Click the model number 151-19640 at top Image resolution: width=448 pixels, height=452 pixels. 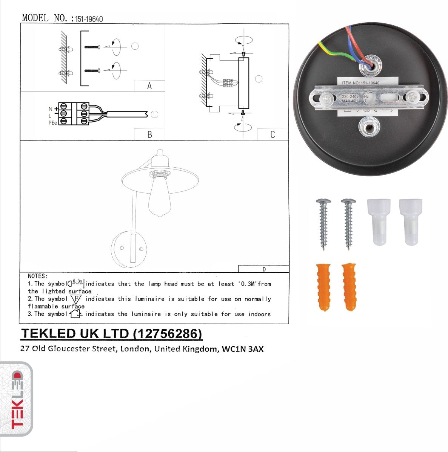[x=89, y=19]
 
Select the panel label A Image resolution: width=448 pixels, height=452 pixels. [x=149, y=86]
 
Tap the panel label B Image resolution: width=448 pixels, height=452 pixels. [x=149, y=135]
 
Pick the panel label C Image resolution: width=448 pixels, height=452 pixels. [x=272, y=135]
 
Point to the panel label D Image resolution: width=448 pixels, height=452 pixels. [x=264, y=269]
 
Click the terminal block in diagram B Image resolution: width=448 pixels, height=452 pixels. [x=74, y=113]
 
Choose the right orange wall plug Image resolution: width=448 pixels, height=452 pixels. [x=349, y=286]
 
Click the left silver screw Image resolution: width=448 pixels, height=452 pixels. [x=323, y=223]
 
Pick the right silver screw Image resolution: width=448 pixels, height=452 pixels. [x=348, y=223]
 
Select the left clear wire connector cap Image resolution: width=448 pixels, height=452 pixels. [x=379, y=222]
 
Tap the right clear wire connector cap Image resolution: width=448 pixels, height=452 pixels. [x=410, y=222]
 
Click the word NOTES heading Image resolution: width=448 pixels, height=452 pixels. [x=38, y=276]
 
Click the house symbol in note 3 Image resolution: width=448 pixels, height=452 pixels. [x=76, y=314]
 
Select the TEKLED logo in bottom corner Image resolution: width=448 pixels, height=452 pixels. [x=17, y=399]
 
